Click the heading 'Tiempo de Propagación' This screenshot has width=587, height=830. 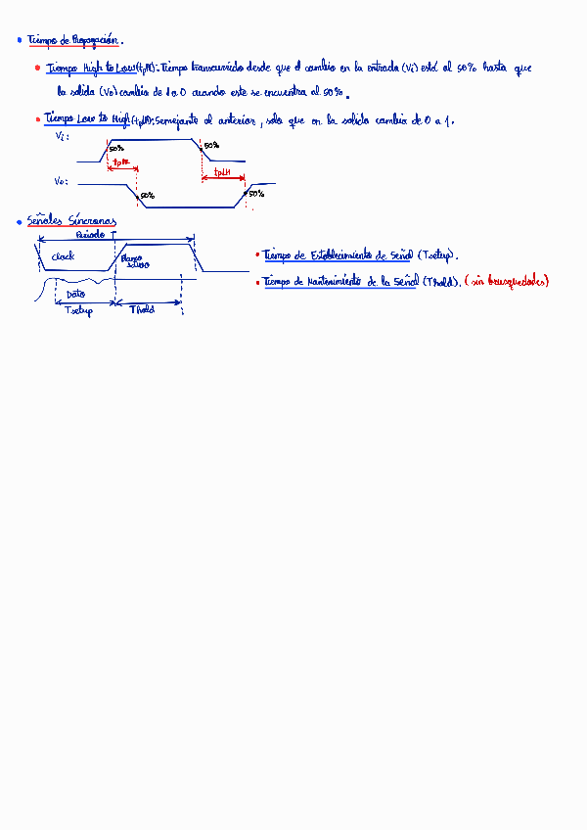point(73,40)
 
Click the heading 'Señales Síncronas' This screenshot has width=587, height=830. point(71,222)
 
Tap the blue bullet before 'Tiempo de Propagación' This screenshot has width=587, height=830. point(20,40)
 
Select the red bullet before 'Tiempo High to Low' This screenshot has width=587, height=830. point(37,69)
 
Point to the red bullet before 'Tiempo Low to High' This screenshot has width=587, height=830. point(37,118)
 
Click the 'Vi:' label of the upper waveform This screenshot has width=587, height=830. point(63,138)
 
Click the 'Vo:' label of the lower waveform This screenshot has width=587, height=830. point(61,182)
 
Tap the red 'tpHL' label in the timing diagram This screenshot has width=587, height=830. point(120,163)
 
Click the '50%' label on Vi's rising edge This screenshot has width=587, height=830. point(116,149)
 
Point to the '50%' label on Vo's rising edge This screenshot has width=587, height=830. point(255,194)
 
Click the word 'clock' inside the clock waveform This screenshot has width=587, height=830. point(63,256)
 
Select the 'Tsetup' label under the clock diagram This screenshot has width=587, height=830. point(78,311)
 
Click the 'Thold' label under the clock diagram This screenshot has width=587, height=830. point(143,309)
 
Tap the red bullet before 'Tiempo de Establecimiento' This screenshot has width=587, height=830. point(257,254)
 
